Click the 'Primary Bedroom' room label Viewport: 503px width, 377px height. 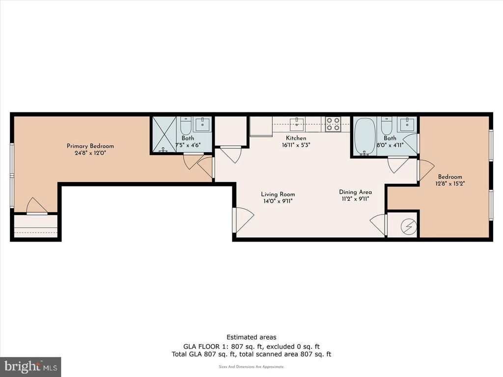[90, 146]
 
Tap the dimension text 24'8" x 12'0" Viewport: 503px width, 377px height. [90, 153]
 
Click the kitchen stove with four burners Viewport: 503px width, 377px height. [333, 124]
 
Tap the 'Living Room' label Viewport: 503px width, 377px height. [278, 194]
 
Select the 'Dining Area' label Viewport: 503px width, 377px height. [355, 192]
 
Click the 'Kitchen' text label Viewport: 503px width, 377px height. [296, 138]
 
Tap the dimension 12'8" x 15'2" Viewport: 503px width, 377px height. [450, 184]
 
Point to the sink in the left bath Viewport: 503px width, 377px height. [202, 124]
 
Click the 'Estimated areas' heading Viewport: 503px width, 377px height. [251, 337]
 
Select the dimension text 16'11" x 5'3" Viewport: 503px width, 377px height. [296, 145]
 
